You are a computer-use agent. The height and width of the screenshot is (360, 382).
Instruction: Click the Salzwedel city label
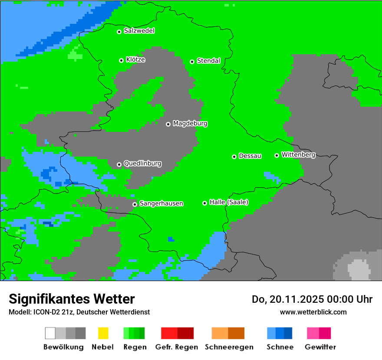coord(139,31)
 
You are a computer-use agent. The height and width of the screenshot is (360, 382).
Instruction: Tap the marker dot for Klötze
coord(121,60)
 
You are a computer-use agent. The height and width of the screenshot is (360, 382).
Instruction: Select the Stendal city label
coord(208,61)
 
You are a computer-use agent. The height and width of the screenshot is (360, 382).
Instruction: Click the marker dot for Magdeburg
coord(168,124)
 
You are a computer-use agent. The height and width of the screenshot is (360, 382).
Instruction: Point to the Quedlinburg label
coord(142,164)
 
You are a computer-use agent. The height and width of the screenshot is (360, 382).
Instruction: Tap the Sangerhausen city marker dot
coord(135,204)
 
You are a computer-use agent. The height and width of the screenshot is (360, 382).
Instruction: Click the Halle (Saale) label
coord(229,202)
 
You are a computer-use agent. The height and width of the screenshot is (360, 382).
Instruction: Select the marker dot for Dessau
coord(234,157)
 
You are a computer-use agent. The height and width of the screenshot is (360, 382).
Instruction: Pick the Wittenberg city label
coord(298,154)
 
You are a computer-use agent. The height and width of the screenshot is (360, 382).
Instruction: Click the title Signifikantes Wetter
coord(72,299)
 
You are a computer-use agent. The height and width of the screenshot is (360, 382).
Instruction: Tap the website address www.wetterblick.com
coord(313,312)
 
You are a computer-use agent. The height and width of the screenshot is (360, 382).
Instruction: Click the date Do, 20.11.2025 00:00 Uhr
coord(312,299)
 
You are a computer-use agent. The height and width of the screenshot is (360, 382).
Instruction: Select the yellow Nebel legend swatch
coord(103,333)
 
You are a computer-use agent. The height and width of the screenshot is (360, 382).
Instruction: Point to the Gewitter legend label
coord(320,347)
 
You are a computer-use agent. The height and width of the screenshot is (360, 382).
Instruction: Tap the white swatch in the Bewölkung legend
coord(50,333)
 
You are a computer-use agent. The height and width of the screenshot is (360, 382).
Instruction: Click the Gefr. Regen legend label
coord(176,347)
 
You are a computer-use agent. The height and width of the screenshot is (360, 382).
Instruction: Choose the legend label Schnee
coord(280,347)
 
